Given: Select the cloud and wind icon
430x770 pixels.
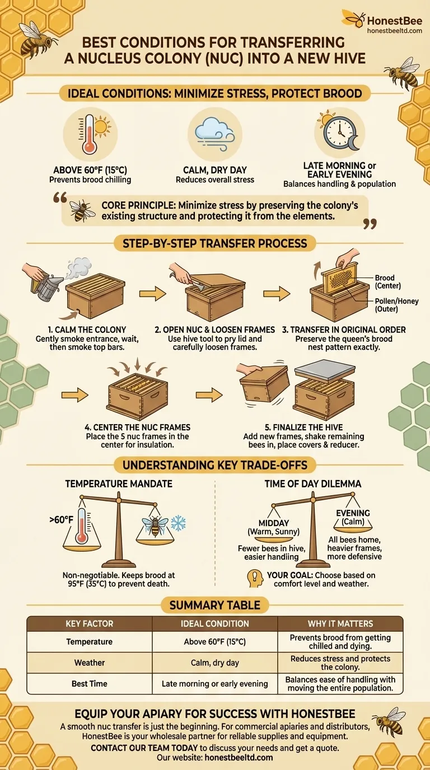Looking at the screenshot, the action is pyautogui.click(x=214, y=134).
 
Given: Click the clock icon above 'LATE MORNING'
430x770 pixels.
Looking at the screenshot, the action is pyautogui.click(x=340, y=132).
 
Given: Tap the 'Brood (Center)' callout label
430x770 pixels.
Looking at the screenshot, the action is pyautogui.click(x=387, y=282).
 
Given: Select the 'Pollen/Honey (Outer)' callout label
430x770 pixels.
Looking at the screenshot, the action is pyautogui.click(x=396, y=305).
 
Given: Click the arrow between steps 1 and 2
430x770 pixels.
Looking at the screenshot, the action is pyautogui.click(x=152, y=294).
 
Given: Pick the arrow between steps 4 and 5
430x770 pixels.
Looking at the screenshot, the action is pyautogui.click(x=209, y=395).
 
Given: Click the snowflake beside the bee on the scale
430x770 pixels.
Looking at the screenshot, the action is pyautogui.click(x=178, y=523).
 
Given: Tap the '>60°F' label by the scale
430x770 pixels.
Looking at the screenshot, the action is pyautogui.click(x=61, y=520).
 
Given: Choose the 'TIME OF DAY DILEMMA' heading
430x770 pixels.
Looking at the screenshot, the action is pyautogui.click(x=312, y=484).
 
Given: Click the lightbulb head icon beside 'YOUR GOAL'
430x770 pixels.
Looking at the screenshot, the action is pyautogui.click(x=255, y=578).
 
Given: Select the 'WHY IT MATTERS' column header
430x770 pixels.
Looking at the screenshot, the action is pyautogui.click(x=340, y=623).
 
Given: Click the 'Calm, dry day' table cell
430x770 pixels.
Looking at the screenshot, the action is pyautogui.click(x=214, y=663).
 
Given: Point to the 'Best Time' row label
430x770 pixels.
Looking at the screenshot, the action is pyautogui.click(x=89, y=684).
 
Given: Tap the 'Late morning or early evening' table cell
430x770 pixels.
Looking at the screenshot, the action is pyautogui.click(x=214, y=684).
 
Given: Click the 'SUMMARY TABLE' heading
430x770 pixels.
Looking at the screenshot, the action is pyautogui.click(x=214, y=605).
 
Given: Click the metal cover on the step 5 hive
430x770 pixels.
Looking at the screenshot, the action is pyautogui.click(x=325, y=371).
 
